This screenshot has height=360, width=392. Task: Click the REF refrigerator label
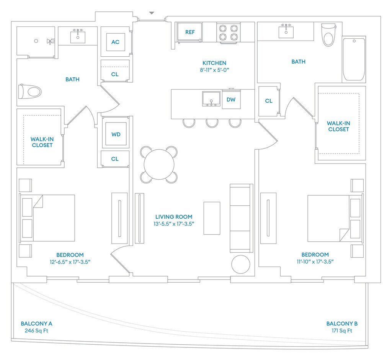click(x=190, y=32)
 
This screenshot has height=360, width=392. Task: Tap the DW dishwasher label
click(x=231, y=100)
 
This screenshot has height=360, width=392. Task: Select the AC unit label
click(x=115, y=42)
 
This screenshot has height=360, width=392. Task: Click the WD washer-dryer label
click(x=116, y=134)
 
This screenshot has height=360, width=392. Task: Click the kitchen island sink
click(x=211, y=98)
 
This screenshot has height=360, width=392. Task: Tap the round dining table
click(x=159, y=164)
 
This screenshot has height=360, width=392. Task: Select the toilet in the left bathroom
click(x=30, y=92)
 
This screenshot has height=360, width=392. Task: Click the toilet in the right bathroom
click(x=328, y=35)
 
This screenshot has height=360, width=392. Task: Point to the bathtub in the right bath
click(x=354, y=59)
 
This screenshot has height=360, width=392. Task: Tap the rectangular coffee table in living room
click(x=212, y=218)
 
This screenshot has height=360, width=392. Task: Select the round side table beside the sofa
click(x=240, y=264)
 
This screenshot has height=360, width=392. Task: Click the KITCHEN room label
click(x=214, y=63)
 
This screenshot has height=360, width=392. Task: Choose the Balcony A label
click(x=36, y=324)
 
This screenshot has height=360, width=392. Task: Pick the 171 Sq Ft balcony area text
click(x=342, y=331)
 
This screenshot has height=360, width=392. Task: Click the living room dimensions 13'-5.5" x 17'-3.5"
click(x=174, y=224)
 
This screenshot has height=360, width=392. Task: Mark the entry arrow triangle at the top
click(x=152, y=13)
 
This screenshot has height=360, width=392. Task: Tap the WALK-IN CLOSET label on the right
click(x=338, y=126)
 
